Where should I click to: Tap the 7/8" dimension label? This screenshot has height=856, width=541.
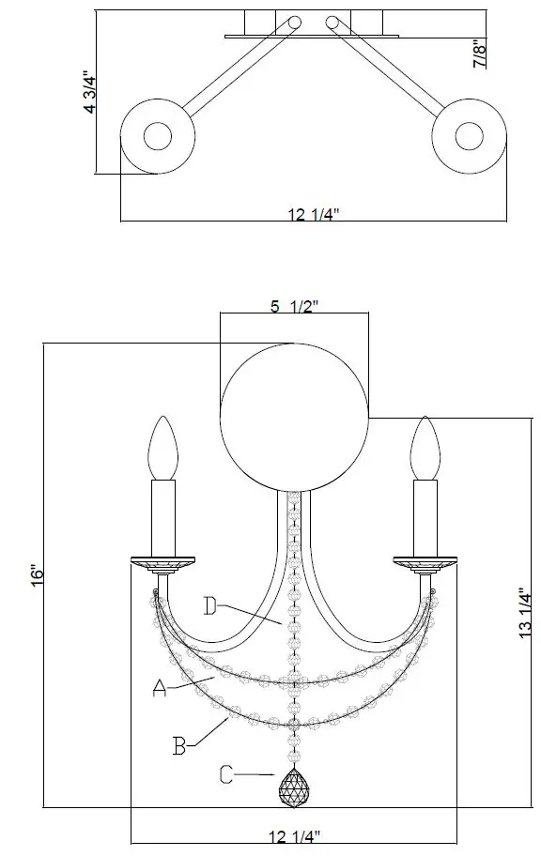pyautogui.click(x=480, y=52)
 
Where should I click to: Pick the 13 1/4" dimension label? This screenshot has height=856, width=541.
pyautogui.click(x=525, y=614)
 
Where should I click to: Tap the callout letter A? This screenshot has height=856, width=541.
pyautogui.click(x=160, y=689)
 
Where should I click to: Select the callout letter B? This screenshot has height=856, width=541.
pyautogui.click(x=179, y=747)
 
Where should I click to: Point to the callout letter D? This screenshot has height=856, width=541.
pyautogui.click(x=211, y=605)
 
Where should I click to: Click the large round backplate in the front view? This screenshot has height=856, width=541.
pyautogui.click(x=293, y=415)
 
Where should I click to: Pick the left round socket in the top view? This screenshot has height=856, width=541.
pyautogui.click(x=156, y=136)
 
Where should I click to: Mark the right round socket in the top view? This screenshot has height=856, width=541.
pyautogui.click(x=469, y=136)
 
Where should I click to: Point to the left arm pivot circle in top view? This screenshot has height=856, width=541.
pyautogui.click(x=295, y=22)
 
